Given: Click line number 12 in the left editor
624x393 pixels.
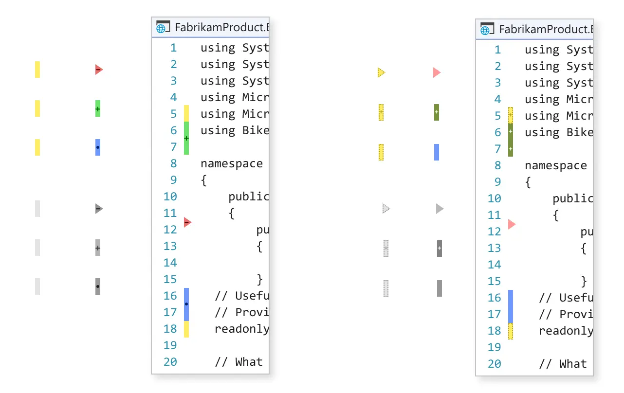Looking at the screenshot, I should coord(170,230).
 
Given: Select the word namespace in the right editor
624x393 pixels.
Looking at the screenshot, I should coord(555,165).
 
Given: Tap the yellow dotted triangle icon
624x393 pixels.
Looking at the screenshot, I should coord(381,72).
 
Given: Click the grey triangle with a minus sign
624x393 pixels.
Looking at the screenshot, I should coord(98,209).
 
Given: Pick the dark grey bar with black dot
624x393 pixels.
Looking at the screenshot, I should coord(98,286).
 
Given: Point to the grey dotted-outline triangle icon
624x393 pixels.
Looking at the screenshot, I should coord(385,209).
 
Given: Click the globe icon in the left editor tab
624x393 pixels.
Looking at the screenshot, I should coord(161,28).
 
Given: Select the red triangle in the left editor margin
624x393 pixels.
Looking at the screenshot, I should coord(187,222).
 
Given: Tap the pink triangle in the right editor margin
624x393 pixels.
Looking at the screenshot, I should coord(511,224).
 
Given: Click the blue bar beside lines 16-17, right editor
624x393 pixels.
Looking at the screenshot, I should coord(511,306).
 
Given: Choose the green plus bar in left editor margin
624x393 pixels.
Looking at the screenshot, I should coord(186,138).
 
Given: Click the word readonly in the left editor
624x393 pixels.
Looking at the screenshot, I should coord(241,329).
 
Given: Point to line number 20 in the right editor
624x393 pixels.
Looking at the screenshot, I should coord(494,364).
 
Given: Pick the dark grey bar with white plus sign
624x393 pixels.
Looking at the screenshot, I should coord(440,248).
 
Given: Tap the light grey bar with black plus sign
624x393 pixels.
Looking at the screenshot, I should coord(98,248).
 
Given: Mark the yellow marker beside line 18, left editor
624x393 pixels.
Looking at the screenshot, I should coord(186,329).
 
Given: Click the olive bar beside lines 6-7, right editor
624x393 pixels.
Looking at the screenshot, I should coord(511,140).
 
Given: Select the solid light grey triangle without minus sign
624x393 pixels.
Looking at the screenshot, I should coord(439,209).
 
